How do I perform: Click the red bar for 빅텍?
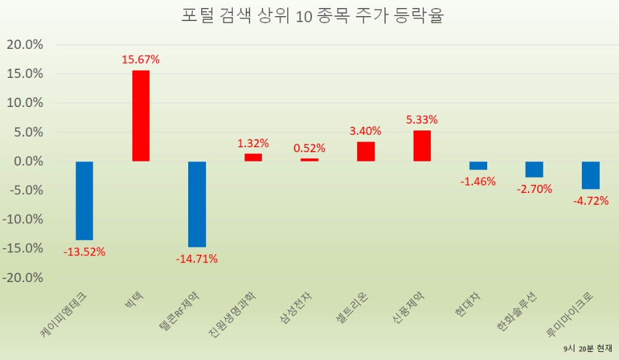click(x=141, y=116)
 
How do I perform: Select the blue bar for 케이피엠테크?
click(x=84, y=200)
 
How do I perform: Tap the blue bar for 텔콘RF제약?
click(x=197, y=204)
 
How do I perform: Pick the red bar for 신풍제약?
click(x=422, y=146)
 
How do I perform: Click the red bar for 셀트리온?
click(x=366, y=152)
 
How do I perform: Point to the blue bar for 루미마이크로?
click(x=591, y=175)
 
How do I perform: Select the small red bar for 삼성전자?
click(x=309, y=160)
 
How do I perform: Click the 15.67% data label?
click(x=141, y=60)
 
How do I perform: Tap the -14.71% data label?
click(x=197, y=259)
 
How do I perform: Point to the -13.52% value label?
click(x=84, y=252)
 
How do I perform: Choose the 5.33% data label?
click(x=422, y=119)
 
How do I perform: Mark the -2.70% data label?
click(x=534, y=189)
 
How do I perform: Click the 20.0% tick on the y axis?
click(x=25, y=45)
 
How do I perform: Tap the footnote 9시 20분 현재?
click(x=587, y=349)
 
